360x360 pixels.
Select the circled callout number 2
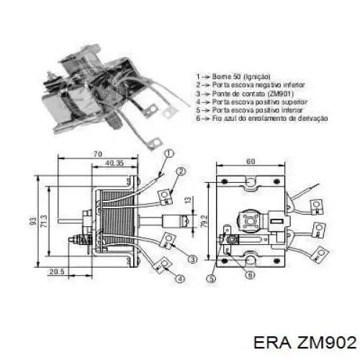click(x=181, y=171)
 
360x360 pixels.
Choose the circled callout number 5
click(x=211, y=279)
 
